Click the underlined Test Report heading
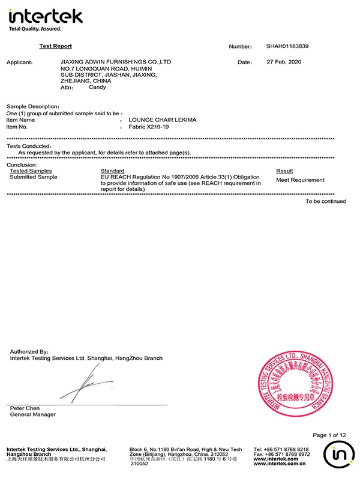click(x=55, y=46)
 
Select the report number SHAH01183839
click(x=287, y=46)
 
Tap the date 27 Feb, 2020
click(x=284, y=62)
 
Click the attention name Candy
click(x=97, y=87)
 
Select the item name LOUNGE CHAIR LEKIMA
click(x=163, y=120)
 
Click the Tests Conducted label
click(x=29, y=146)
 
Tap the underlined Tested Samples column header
click(x=31, y=171)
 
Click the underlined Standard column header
click(x=112, y=171)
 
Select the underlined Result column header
click(x=284, y=171)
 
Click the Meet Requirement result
click(x=300, y=180)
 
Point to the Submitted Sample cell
click(x=34, y=177)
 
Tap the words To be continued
click(x=325, y=201)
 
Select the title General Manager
click(x=33, y=414)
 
